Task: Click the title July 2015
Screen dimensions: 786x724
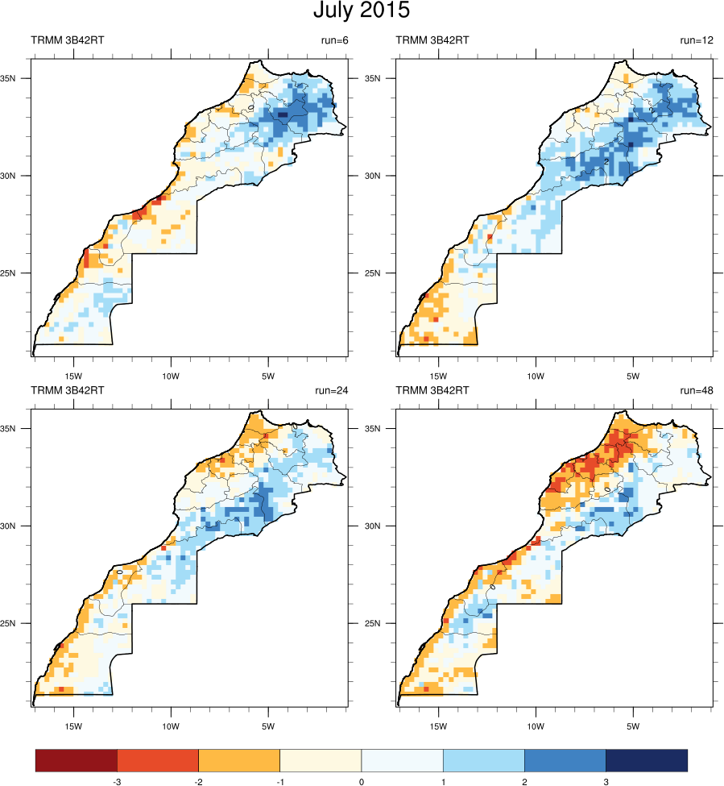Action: point(362,11)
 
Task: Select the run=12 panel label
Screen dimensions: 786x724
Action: point(697,40)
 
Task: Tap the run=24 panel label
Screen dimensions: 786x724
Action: point(332,390)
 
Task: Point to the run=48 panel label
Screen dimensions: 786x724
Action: point(697,390)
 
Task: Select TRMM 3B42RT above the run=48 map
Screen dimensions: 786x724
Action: point(432,390)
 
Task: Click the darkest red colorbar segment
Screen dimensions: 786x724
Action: point(77,760)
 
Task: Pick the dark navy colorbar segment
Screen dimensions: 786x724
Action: point(646,760)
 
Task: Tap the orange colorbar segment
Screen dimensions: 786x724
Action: point(239,760)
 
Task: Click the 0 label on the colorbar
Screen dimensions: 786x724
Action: point(361,781)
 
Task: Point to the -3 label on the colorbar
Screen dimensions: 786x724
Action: point(117,781)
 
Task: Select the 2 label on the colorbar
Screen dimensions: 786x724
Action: point(524,781)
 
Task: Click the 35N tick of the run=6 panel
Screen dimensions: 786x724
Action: point(19,79)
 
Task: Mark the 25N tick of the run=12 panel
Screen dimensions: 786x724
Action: point(383,273)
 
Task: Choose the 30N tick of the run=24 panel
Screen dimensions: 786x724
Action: point(19,526)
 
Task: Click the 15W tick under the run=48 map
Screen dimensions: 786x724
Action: point(439,726)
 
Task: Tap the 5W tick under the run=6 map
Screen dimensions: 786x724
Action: point(268,376)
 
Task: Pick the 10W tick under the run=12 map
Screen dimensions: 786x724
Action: point(535,376)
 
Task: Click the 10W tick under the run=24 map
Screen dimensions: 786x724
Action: point(171,726)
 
